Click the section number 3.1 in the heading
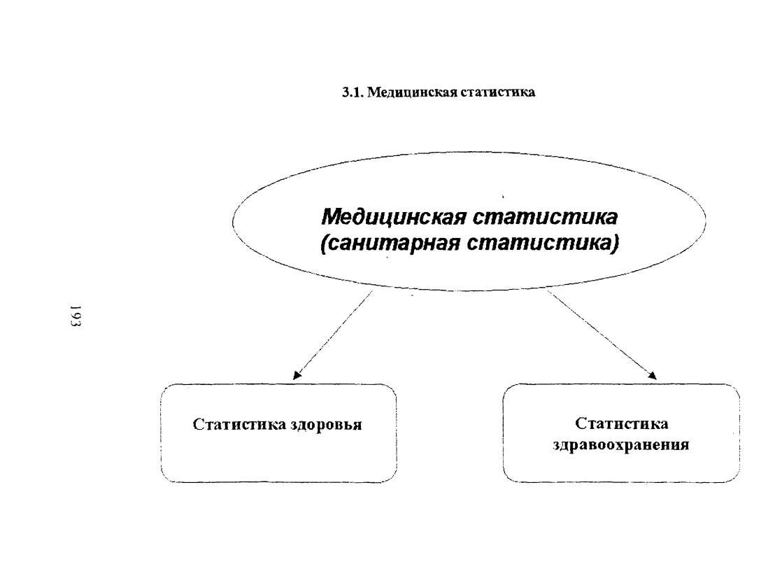(x=352, y=92)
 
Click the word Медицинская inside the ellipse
(x=394, y=217)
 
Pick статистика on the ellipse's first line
(x=545, y=217)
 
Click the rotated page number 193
(x=76, y=316)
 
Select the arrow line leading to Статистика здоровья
(x=332, y=335)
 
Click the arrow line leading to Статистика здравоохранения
(x=602, y=335)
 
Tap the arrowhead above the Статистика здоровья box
(x=297, y=376)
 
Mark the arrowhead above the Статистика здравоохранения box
(x=653, y=376)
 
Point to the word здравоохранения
(x=621, y=446)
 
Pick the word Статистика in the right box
(x=622, y=423)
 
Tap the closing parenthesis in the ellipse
(x=615, y=244)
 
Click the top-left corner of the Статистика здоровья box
(x=162, y=386)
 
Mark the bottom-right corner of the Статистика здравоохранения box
(x=739, y=482)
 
